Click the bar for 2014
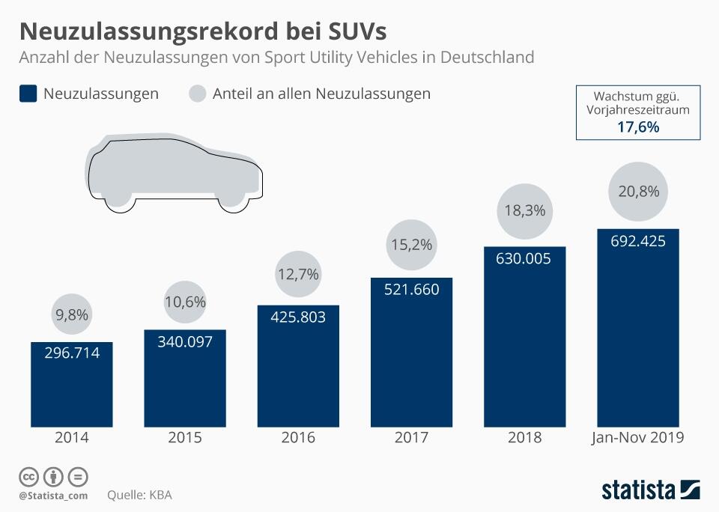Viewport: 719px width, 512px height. pyautogui.click(x=71, y=385)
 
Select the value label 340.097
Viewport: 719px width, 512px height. pyautogui.click(x=185, y=341)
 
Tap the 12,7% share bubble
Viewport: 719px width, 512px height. pyautogui.click(x=297, y=275)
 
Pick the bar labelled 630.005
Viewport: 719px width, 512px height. pyautogui.click(x=524, y=337)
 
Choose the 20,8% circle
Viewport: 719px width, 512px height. pyautogui.click(x=638, y=192)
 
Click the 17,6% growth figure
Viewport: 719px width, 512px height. pyautogui.click(x=637, y=127)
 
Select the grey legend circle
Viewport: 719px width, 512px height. pyautogui.click(x=197, y=94)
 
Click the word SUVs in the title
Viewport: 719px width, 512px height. pyautogui.click(x=353, y=31)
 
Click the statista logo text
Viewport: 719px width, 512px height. pyautogui.click(x=638, y=490)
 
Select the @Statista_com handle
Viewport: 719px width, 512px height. pyautogui.click(x=53, y=495)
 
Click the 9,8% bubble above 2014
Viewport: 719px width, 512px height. pyautogui.click(x=72, y=315)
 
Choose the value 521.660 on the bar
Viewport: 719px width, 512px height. pyautogui.click(x=411, y=289)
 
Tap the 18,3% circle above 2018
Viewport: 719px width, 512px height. pyautogui.click(x=524, y=210)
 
